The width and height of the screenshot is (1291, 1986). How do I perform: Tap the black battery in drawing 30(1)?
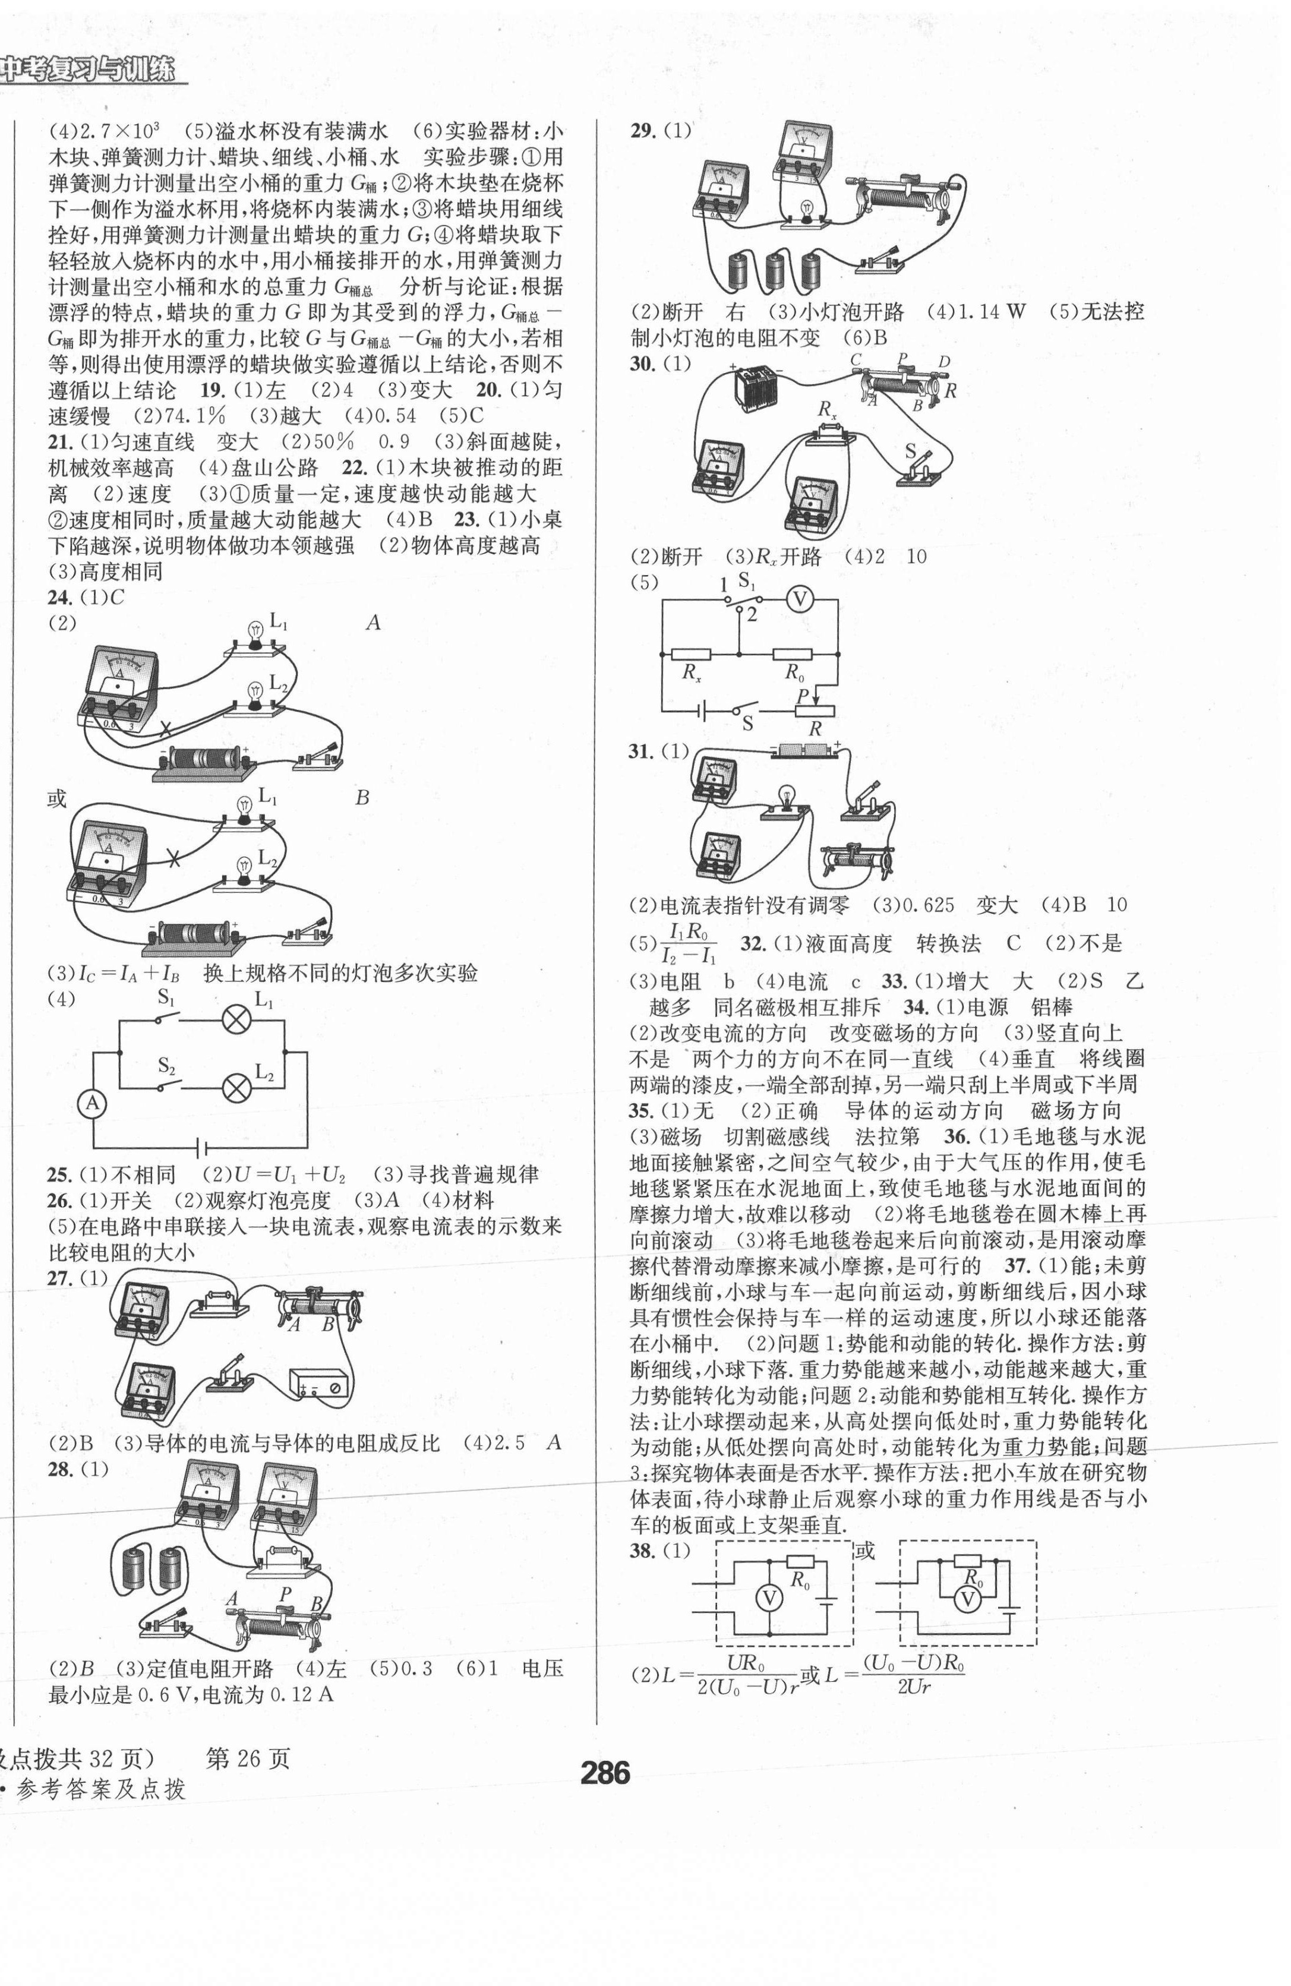(756, 389)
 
